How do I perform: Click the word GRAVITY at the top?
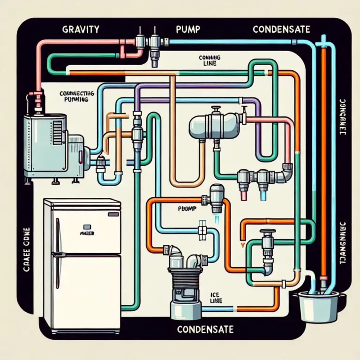pyautogui.click(x=80, y=29)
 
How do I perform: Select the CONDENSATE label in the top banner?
pyautogui.click(x=281, y=29)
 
